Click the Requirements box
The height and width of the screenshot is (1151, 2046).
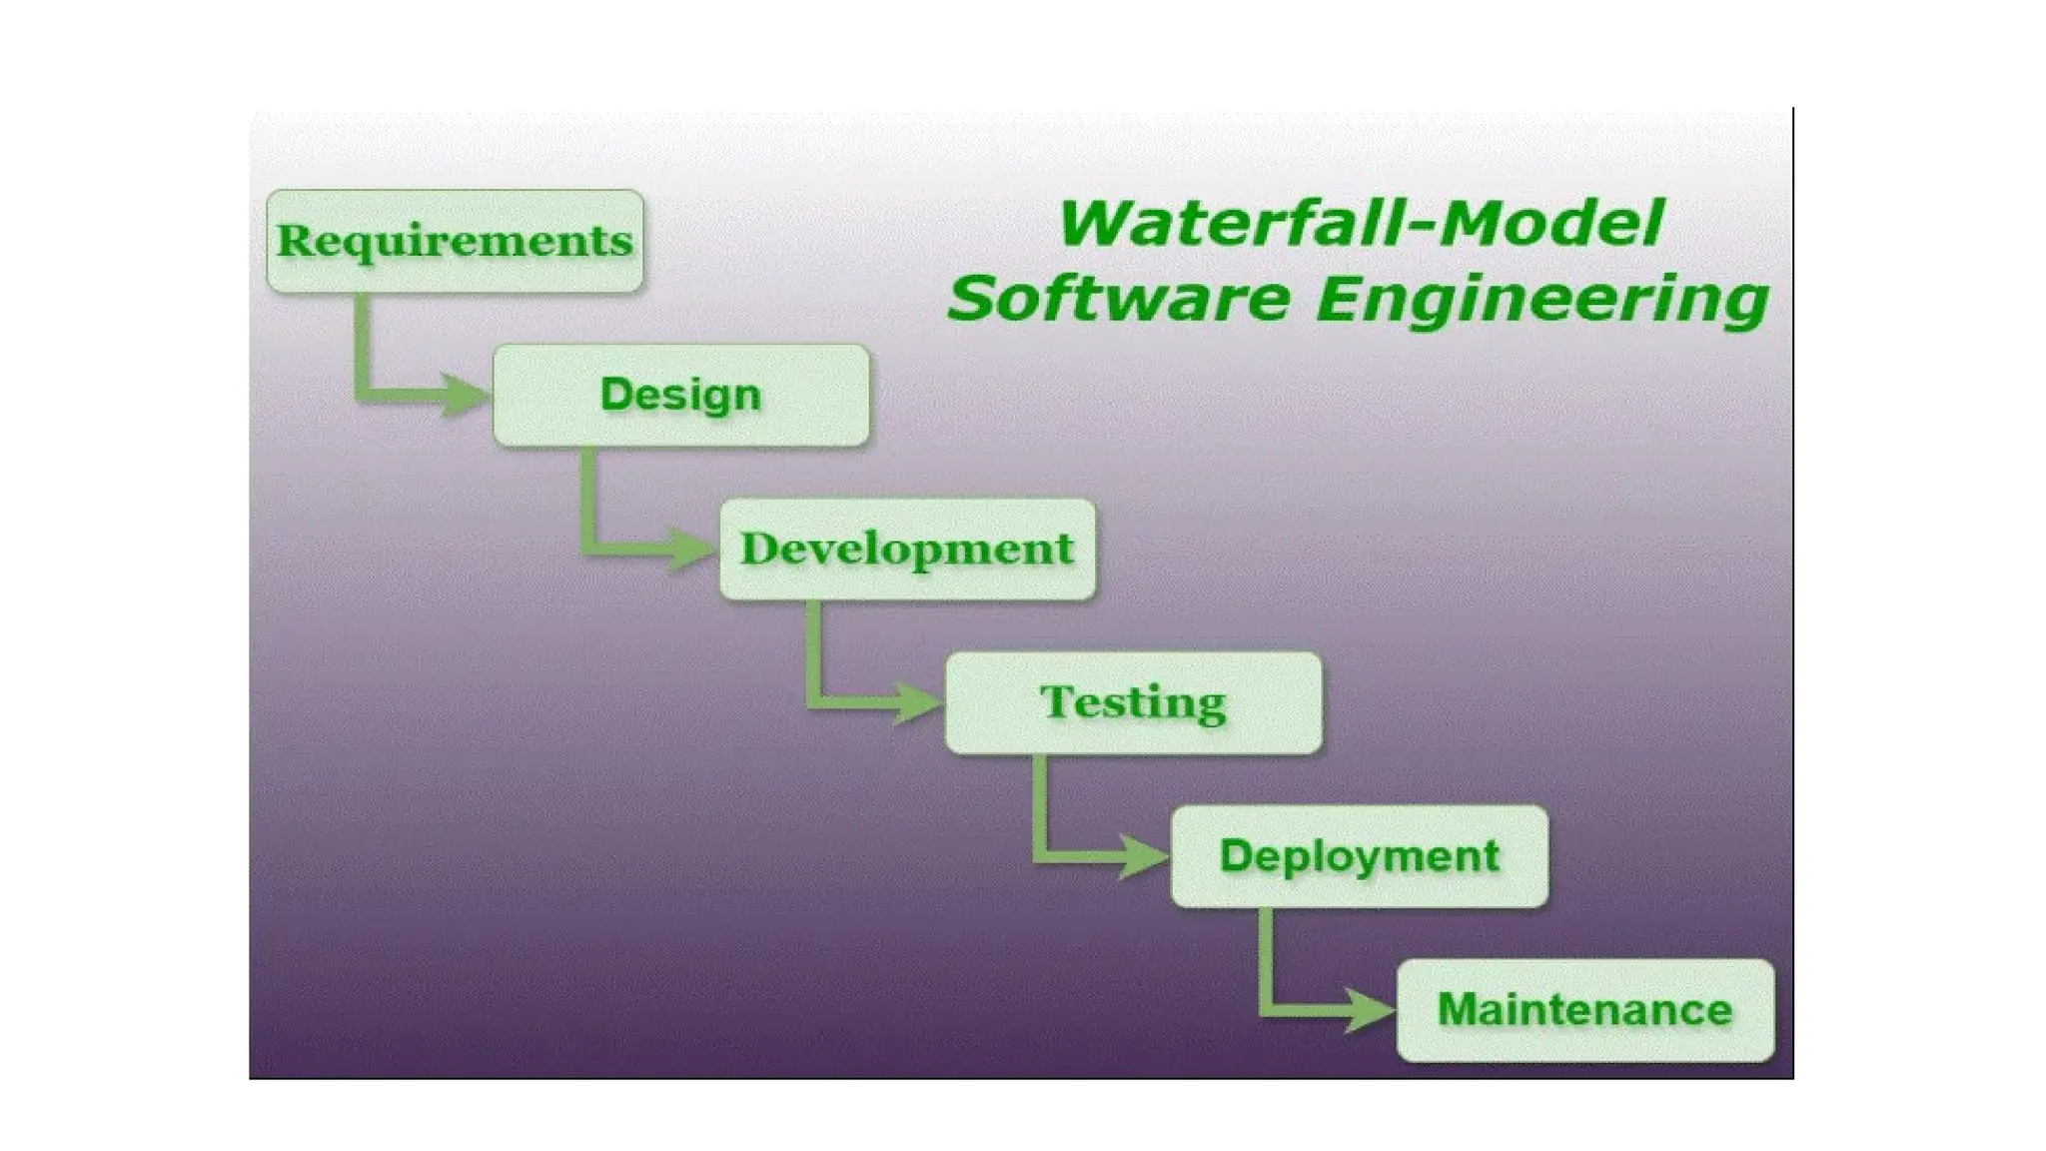coord(455,241)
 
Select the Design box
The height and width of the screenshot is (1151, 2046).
coord(680,395)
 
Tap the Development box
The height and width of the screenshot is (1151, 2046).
coord(907,549)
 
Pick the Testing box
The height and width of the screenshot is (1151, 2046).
coord(1133,702)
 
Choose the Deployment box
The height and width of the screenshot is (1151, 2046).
coord(1359,856)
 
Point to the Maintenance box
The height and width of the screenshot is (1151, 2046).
coord(1584,1010)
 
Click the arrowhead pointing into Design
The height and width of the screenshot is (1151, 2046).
coord(466,395)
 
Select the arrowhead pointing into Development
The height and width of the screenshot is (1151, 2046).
coord(692,549)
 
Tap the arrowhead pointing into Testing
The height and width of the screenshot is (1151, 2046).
coord(918,702)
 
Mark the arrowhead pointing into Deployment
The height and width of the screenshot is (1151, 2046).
coord(1144,856)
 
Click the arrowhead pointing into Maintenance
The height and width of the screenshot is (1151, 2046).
coord(1371,1010)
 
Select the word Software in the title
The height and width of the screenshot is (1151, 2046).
coord(1118,299)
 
